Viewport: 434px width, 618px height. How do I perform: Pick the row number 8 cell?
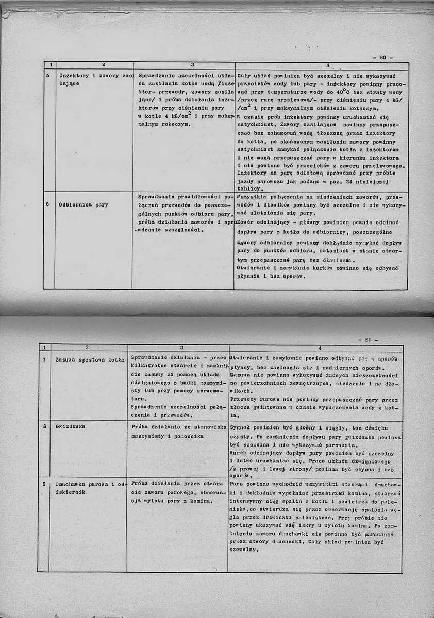[44, 427]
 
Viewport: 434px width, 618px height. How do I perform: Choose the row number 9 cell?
[44, 484]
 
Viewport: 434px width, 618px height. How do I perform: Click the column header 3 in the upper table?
[192, 65]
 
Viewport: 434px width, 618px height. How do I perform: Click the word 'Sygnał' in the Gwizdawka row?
[241, 428]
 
